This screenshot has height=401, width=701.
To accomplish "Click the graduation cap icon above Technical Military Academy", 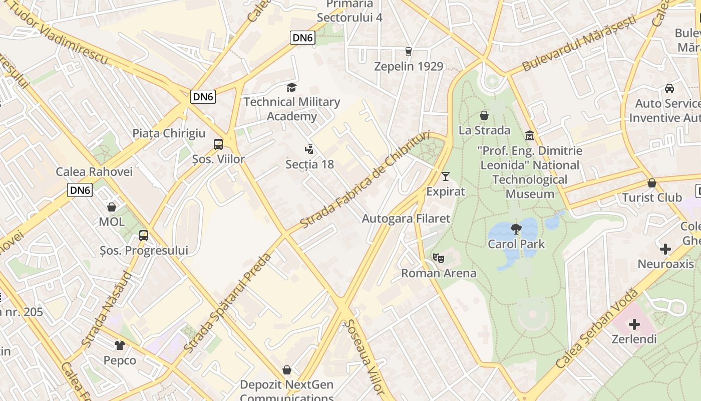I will click(x=291, y=88).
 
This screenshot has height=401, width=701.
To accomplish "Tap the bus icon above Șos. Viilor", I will click(x=218, y=144).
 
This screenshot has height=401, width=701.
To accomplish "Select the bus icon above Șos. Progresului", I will click(x=144, y=235).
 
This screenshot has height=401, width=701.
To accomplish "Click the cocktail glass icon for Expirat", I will click(x=446, y=176).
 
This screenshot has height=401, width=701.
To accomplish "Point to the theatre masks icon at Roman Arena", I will click(x=439, y=258).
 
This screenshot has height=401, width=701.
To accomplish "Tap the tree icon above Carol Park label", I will click(x=516, y=230).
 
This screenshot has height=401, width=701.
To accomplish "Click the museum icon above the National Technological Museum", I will click(x=530, y=135).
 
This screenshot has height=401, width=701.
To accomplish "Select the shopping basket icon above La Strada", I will click(x=484, y=115).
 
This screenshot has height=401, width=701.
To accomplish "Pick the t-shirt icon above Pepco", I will click(x=120, y=345).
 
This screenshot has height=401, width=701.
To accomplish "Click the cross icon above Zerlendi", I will click(x=634, y=324).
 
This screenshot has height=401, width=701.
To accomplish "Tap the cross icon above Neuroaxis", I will click(x=665, y=249).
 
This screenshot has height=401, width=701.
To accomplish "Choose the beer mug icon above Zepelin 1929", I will click(x=409, y=51).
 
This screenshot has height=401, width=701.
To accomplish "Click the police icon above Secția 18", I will click(x=309, y=149).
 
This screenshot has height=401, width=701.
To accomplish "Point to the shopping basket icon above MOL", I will click(x=112, y=207).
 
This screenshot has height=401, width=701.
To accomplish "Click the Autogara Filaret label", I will click(x=406, y=219).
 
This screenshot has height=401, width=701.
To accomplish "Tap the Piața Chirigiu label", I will click(x=169, y=133).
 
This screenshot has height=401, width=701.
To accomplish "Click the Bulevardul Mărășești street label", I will click(x=579, y=43).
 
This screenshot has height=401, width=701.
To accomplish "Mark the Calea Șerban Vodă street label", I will click(x=597, y=335).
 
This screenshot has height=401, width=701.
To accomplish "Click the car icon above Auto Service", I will click(x=669, y=89).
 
